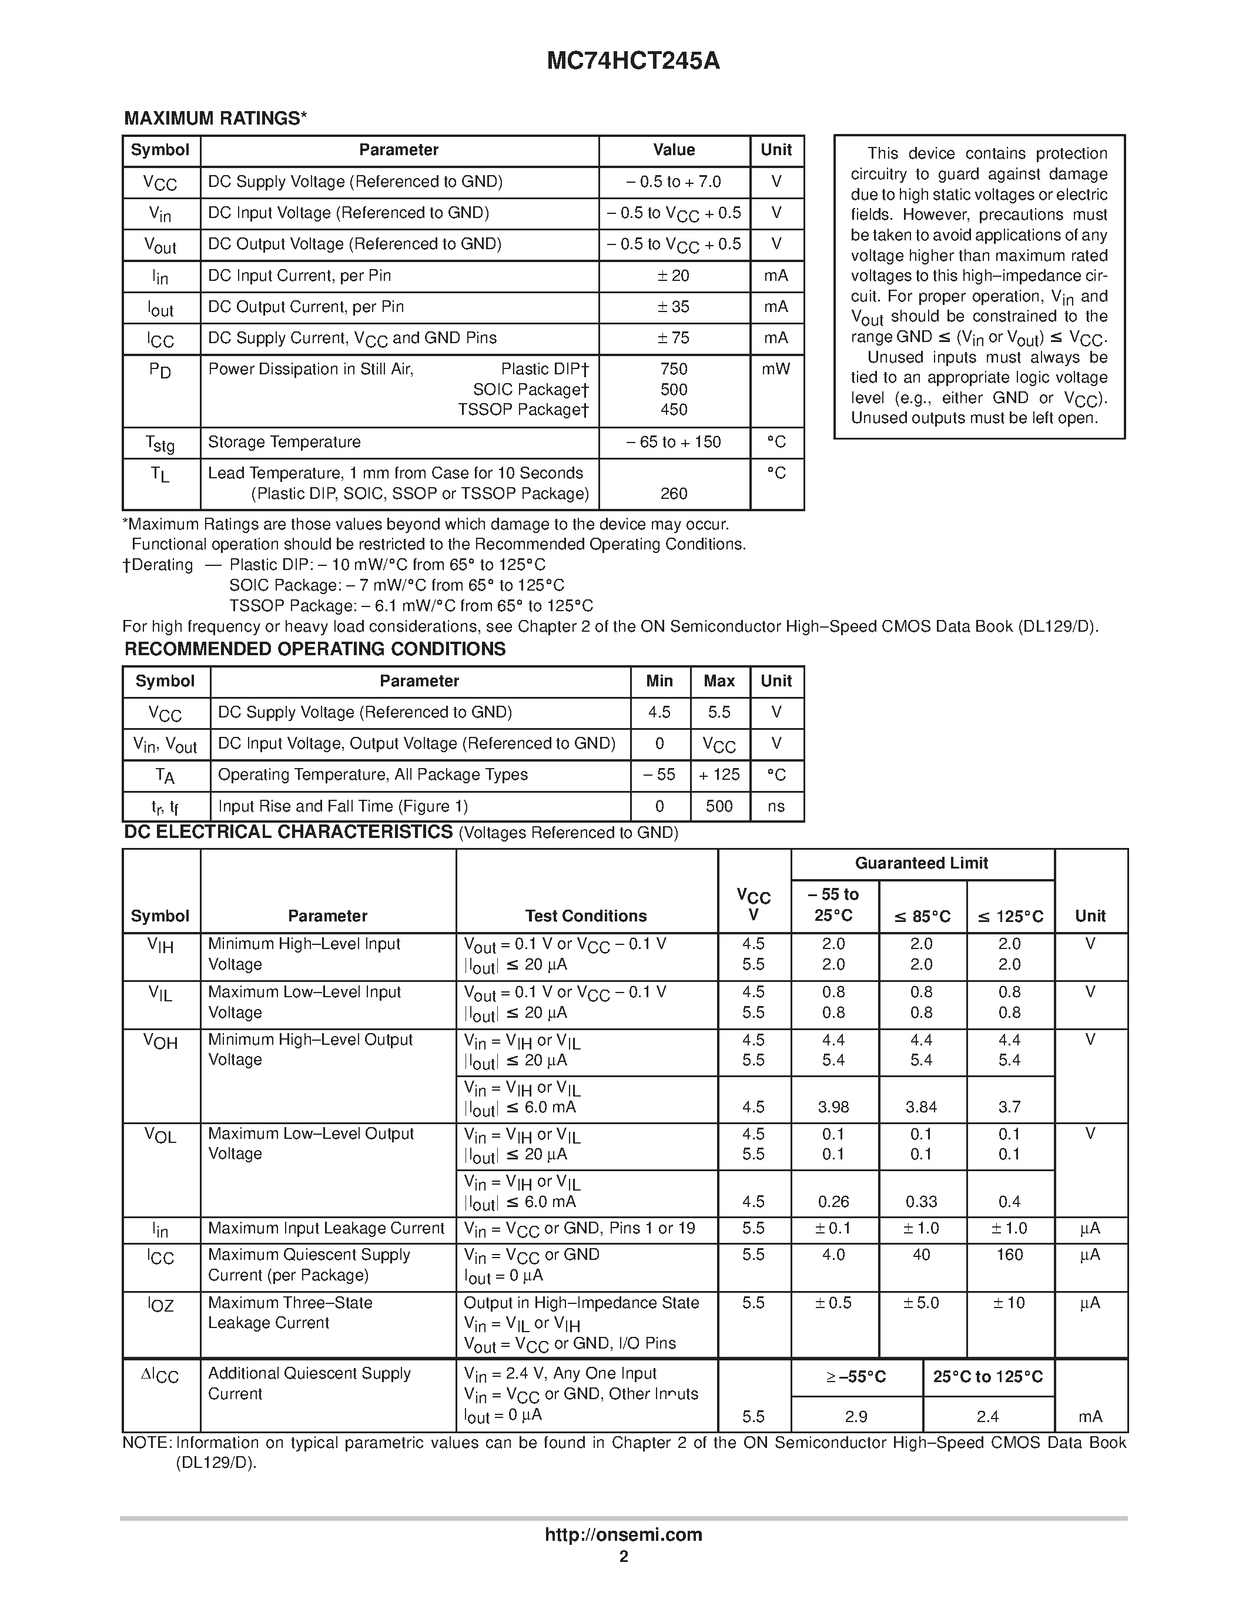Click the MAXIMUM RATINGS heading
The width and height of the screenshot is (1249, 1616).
point(215,118)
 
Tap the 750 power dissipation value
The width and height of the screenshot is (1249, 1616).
point(674,369)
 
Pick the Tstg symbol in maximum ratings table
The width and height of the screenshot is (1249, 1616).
point(160,443)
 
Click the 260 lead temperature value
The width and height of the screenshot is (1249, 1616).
point(674,494)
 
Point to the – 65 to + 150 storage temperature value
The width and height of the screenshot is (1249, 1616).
point(674,442)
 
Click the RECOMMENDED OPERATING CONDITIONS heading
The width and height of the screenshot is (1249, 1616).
point(314,649)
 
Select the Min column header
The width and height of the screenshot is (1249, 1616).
point(659,680)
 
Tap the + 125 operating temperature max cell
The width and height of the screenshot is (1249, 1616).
point(719,775)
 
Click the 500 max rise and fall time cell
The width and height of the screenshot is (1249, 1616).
point(719,806)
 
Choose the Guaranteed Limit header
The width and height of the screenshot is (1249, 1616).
point(921,863)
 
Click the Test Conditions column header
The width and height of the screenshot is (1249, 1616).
point(585,916)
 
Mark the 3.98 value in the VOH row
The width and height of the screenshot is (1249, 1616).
point(833,1108)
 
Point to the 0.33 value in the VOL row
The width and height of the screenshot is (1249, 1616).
point(921,1202)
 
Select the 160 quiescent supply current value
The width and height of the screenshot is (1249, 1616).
point(1009,1255)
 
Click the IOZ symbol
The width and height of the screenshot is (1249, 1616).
point(160,1305)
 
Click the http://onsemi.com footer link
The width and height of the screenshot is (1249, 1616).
point(623,1534)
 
